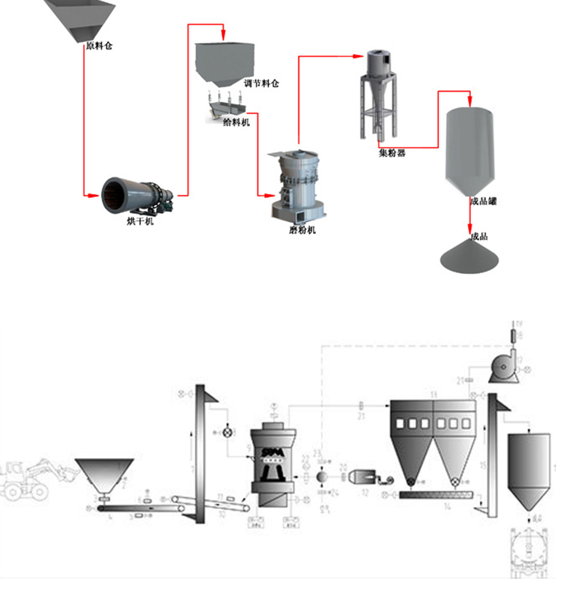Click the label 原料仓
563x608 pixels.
point(99,46)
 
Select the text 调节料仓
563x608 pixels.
point(261,83)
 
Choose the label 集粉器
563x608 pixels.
point(392,153)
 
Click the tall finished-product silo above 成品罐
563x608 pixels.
point(471,149)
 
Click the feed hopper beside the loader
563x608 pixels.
point(105,475)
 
